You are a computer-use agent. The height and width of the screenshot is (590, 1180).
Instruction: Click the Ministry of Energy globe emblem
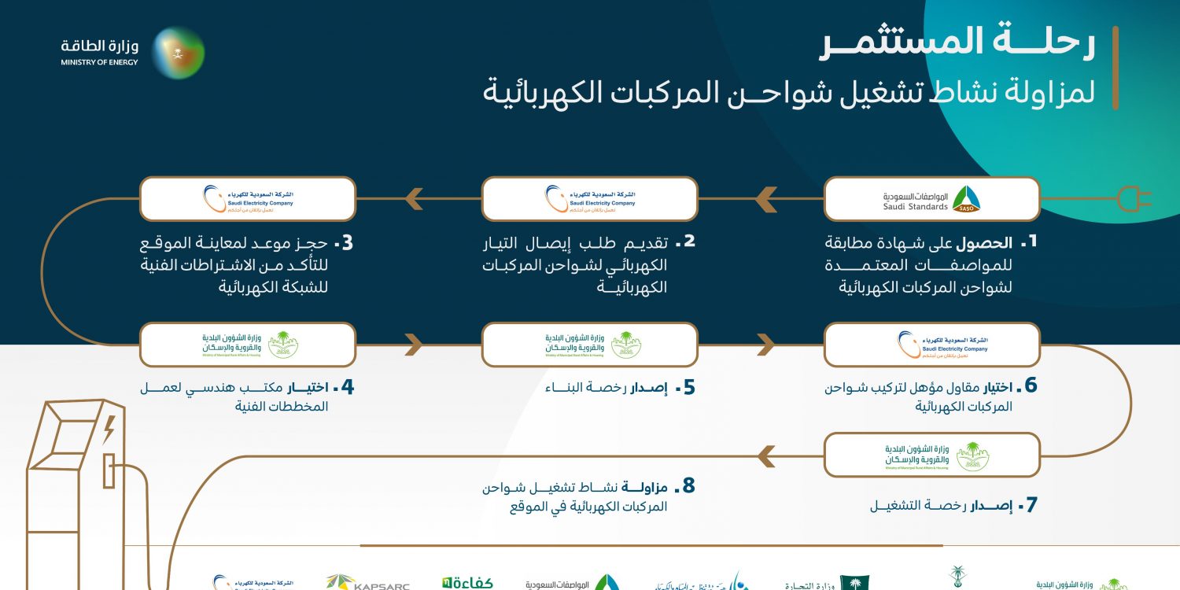tap(178, 53)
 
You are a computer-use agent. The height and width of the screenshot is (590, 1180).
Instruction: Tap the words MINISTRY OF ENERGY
tap(99, 62)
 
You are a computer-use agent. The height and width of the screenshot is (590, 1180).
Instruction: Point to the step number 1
tap(1027, 242)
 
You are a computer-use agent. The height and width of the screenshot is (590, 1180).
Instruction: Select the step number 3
tap(343, 242)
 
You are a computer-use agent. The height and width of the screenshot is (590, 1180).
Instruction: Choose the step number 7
tap(1027, 505)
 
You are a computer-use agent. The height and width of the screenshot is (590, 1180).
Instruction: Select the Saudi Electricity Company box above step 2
tap(590, 198)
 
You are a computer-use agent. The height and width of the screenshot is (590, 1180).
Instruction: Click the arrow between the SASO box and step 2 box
tap(765, 199)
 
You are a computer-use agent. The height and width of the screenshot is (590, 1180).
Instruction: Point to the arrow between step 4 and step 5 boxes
tap(414, 344)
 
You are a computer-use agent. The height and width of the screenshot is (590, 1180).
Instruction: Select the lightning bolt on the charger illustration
tap(109, 430)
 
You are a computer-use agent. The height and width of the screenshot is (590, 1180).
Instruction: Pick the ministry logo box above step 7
tap(932, 455)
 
